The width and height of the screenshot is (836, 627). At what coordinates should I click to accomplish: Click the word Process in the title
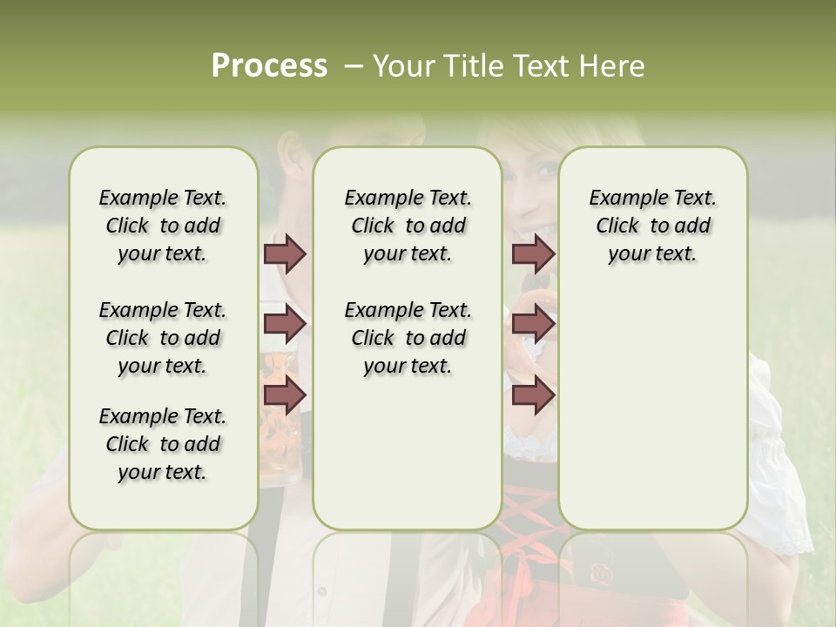coord(269,66)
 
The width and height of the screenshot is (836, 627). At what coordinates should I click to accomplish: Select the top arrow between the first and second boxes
coord(285,253)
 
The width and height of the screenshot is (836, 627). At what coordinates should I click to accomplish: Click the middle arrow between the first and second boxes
coord(285,324)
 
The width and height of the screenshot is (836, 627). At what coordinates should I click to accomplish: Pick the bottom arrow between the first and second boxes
coord(285,395)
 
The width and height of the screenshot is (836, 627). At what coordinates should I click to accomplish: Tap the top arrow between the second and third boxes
coord(533,253)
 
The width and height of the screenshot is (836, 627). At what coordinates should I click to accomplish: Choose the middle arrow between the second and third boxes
coord(533,324)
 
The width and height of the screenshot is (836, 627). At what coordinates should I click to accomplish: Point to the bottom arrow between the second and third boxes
coord(533,395)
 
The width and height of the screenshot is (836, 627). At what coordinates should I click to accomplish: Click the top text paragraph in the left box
coord(163,226)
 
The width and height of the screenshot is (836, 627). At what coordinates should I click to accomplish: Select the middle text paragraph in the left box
coord(163,338)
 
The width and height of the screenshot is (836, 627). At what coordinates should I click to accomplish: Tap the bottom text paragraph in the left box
coord(163,444)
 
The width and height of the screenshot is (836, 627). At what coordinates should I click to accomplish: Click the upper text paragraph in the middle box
coord(408,226)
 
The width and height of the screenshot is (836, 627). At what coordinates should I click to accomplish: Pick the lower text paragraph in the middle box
coord(408,338)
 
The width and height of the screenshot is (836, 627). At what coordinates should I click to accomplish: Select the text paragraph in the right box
coord(652,226)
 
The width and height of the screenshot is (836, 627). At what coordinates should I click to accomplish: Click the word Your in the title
coord(404,66)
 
